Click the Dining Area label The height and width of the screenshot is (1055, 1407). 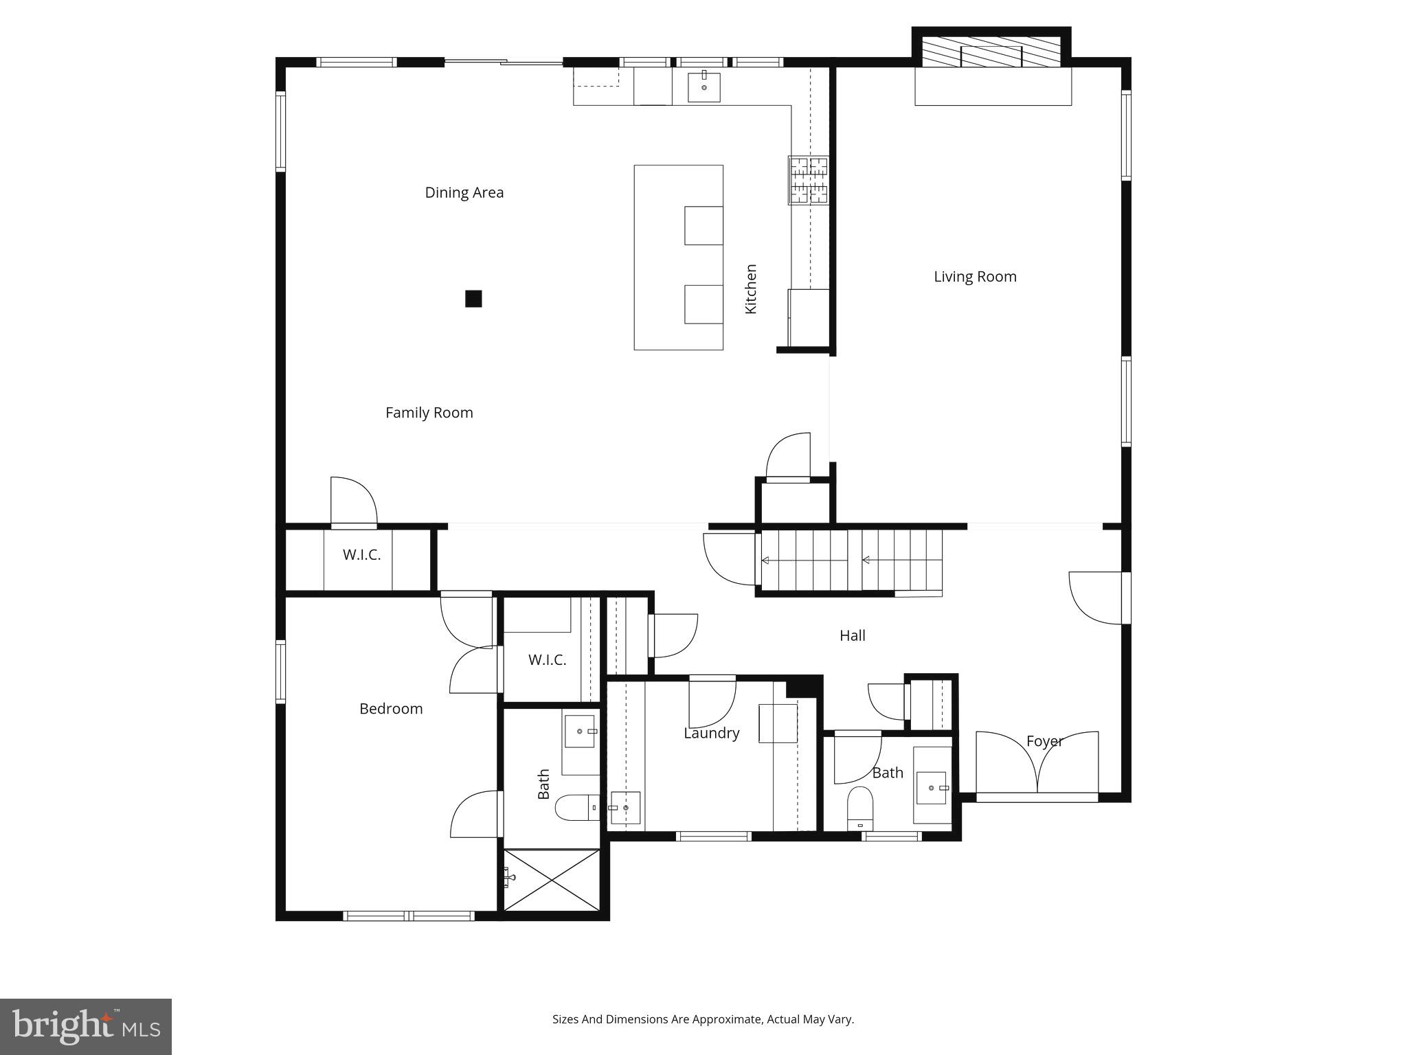pos(464,193)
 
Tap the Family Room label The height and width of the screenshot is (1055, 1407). pos(429,413)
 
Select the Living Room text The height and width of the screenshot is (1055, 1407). pos(975,277)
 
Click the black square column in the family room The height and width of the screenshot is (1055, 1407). pos(473,299)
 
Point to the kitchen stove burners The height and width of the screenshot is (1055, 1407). pos(809,181)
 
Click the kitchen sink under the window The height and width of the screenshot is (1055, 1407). pos(704,87)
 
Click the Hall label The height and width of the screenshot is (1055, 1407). pos(853,636)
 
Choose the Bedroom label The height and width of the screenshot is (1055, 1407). pos(391,709)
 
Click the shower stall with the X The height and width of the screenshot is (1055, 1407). pos(552,881)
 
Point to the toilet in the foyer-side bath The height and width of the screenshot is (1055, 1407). pos(860,806)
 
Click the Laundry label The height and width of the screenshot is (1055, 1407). pos(712,734)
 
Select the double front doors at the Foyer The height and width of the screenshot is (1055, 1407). pos(1037,766)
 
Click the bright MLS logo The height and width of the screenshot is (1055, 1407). pos(86,1027)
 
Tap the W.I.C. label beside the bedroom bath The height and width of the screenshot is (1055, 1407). pos(548,660)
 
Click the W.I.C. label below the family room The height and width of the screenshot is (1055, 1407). pos(362,555)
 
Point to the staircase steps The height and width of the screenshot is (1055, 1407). pos(851,560)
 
